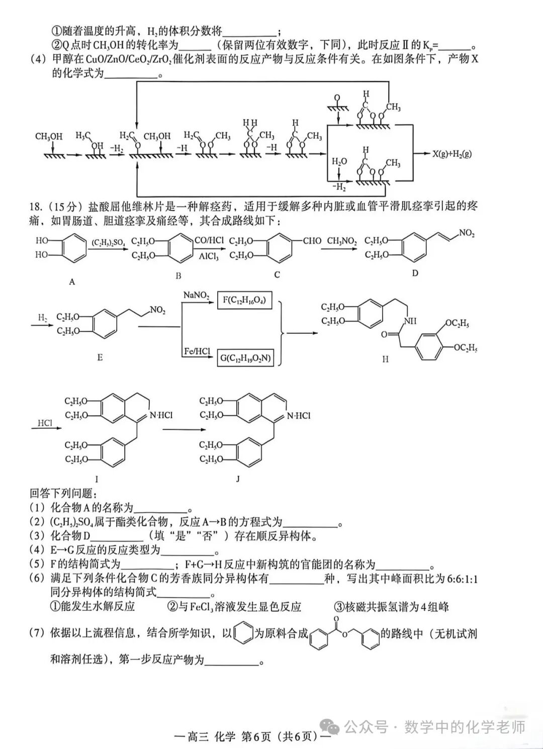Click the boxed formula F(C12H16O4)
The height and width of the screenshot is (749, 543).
(244, 301)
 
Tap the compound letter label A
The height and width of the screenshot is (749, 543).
(72, 282)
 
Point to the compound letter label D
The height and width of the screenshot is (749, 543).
(415, 273)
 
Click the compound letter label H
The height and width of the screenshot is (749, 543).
(385, 359)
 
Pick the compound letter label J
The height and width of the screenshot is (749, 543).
(238, 479)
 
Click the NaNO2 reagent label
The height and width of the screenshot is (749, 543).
(197, 295)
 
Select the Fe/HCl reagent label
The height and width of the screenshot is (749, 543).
(197, 352)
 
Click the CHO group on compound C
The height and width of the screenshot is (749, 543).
(312, 241)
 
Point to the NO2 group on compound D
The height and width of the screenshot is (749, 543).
(467, 233)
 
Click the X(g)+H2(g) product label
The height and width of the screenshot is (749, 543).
(451, 154)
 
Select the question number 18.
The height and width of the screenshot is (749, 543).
(35, 207)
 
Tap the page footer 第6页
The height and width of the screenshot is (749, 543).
(256, 737)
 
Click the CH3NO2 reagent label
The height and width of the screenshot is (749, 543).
(342, 241)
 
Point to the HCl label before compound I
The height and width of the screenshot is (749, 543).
(45, 423)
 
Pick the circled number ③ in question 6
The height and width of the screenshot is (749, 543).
(338, 607)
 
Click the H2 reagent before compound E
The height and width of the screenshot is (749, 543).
(43, 317)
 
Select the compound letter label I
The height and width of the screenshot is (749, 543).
(97, 479)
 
